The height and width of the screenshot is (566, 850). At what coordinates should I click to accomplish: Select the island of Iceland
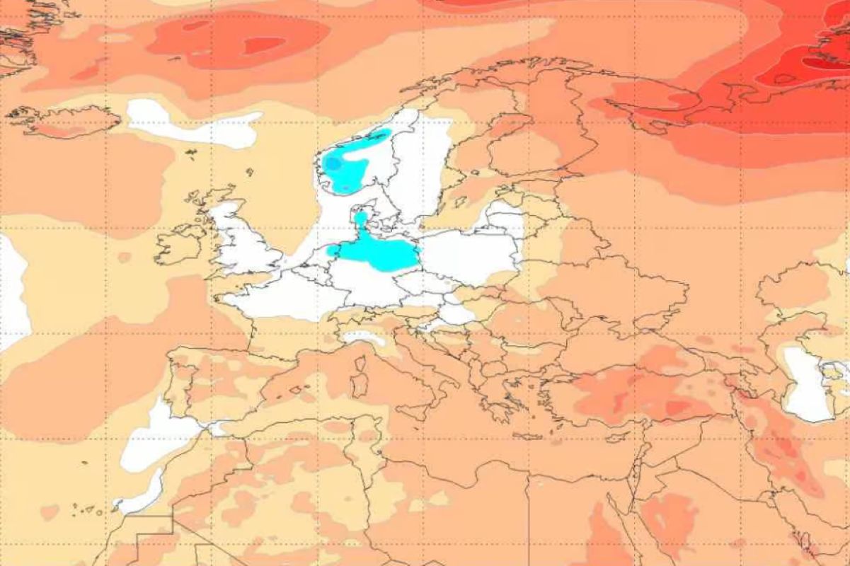(67, 121)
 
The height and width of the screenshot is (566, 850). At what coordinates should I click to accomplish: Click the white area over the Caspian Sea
(807, 386)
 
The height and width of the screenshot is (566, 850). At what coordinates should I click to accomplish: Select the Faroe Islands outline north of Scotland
(190, 152)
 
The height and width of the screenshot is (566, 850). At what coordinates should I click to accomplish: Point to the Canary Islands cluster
(85, 508)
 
